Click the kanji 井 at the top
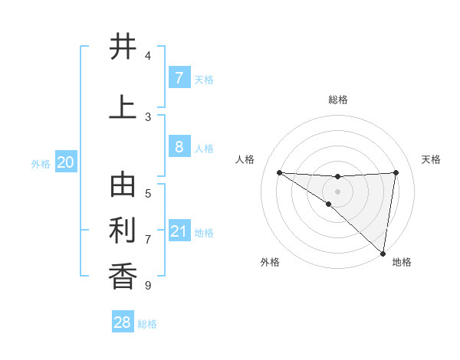(x=123, y=47)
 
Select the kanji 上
(x=123, y=107)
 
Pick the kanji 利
(x=123, y=231)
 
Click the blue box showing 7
(x=179, y=78)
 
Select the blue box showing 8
(x=179, y=147)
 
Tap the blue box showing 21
(x=179, y=231)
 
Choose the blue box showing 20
(x=65, y=162)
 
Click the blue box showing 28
(x=123, y=322)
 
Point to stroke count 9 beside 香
(x=147, y=286)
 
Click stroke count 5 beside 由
(x=147, y=194)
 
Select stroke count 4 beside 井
(x=147, y=56)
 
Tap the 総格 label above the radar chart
(x=337, y=100)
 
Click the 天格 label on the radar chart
(x=431, y=159)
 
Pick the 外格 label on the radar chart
(x=270, y=262)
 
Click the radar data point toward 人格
(x=279, y=172)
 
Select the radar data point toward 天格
(x=396, y=172)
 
